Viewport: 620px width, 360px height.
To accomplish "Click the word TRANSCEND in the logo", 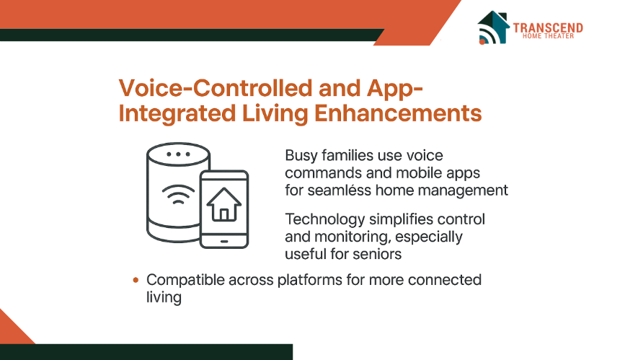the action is click(x=548, y=28).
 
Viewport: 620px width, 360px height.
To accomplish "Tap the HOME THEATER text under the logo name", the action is click(x=548, y=36).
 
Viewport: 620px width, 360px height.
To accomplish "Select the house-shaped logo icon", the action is click(x=493, y=27).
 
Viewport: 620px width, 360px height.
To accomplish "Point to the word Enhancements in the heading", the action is click(x=398, y=113).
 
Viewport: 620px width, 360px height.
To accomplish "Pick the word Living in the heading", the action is click(x=275, y=114).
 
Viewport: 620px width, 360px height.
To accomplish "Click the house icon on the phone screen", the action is click(x=224, y=204).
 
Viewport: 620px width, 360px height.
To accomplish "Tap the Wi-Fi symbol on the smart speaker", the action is click(x=178, y=194).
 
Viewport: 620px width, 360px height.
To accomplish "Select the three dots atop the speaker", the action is click(x=178, y=154).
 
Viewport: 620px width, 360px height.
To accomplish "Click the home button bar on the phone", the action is click(x=224, y=241).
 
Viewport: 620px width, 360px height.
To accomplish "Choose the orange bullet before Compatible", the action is click(x=136, y=280).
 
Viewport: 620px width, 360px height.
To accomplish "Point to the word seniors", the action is click(x=377, y=254).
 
